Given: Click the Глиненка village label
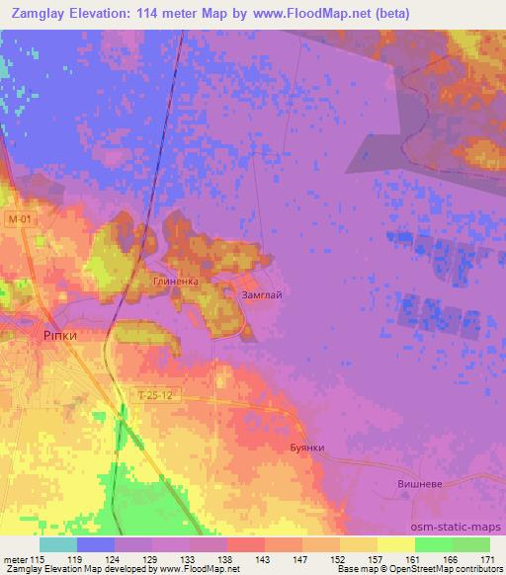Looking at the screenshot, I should (x=176, y=282).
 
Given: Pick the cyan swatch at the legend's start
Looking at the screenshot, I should (x=58, y=544).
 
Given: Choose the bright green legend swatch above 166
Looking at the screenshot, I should (x=433, y=544).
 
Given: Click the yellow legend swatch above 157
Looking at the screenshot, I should (x=395, y=544).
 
